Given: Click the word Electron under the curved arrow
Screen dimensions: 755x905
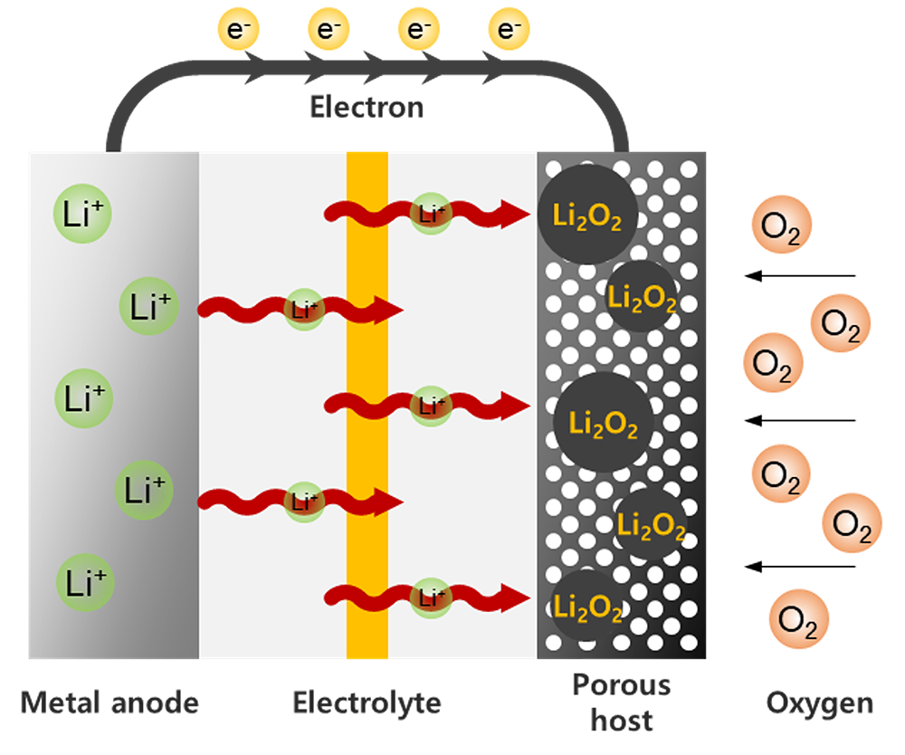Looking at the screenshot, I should (367, 108).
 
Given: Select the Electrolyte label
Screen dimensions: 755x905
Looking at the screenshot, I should (367, 702).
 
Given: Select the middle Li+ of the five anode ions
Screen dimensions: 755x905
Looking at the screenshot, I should (84, 398).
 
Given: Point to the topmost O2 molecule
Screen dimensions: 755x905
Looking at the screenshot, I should (781, 226).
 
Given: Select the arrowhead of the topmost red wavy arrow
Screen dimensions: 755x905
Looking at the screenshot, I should (514, 215).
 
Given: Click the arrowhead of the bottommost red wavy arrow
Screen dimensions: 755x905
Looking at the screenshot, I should (514, 597).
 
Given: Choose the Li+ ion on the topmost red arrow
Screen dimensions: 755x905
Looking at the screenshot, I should (431, 215).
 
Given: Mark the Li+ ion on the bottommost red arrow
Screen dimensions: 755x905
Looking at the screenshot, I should (431, 597).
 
